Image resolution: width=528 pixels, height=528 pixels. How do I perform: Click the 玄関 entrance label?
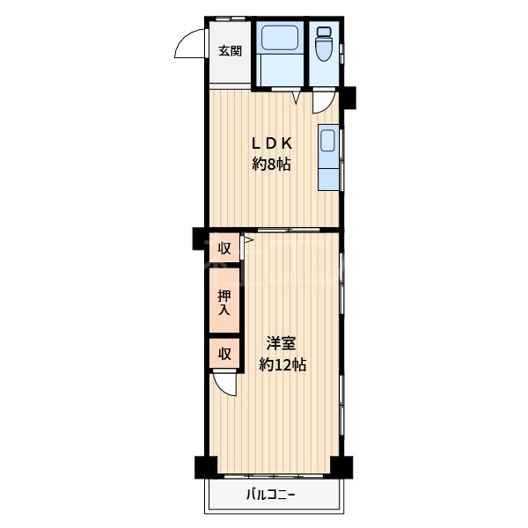pos(231,50)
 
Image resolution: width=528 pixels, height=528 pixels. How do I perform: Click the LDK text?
pos(272,143)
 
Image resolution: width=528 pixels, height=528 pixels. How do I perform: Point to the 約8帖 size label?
pos(272,164)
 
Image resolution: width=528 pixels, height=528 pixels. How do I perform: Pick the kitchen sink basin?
pos(328,142)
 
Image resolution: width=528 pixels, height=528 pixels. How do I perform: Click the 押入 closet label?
pos(224,303)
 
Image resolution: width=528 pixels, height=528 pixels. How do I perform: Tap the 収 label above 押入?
pos(224,248)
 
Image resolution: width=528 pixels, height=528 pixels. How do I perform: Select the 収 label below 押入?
pos(224,354)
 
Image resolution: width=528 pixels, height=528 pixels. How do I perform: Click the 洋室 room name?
pos(282,344)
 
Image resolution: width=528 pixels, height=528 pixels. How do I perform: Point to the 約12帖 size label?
pos(282,364)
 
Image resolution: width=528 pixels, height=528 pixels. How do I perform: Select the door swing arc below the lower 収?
pos(226,385)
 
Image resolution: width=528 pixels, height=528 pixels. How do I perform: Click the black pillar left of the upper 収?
pos(200,238)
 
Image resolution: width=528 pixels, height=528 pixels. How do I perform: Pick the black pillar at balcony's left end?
pos(206,466)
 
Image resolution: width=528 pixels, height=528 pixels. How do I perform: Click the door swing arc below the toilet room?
pos(322,101)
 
